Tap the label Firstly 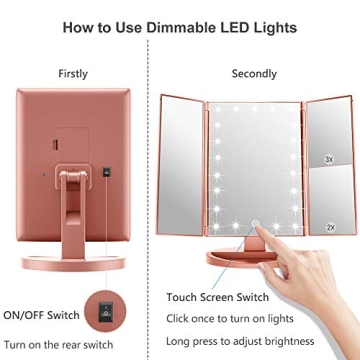pos(72,74)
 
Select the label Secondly pos(254,74)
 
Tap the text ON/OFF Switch pos(45,313)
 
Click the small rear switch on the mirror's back pos(103,172)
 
